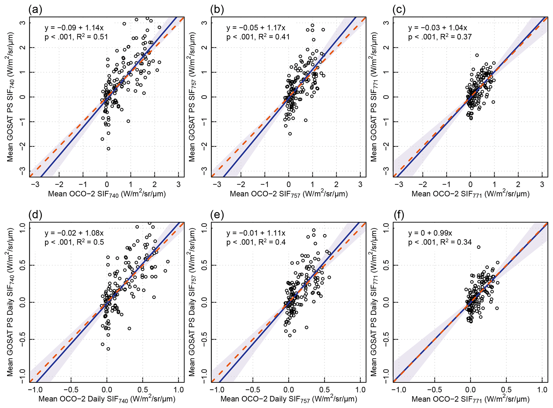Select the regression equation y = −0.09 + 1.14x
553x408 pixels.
tap(74, 28)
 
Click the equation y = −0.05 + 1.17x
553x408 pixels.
tap(256, 28)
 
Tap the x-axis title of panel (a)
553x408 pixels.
tap(107, 194)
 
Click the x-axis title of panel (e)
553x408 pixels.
tap(289, 399)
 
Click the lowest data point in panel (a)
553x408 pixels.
tap(108, 149)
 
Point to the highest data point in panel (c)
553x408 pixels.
tap(477, 55)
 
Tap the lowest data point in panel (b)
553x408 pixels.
tap(290, 134)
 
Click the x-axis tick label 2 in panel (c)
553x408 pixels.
tap(518, 184)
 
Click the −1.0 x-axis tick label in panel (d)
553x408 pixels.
tap(33, 390)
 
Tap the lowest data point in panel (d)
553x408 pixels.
tap(108, 349)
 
